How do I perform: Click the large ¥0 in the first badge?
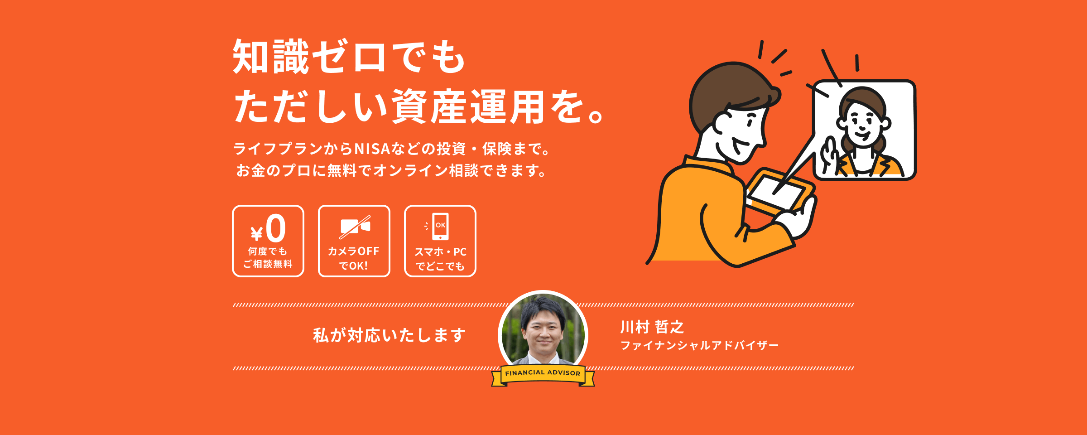point(268,228)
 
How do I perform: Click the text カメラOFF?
point(354,251)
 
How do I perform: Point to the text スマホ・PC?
point(440,252)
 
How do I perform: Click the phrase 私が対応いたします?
point(390,335)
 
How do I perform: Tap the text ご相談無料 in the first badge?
point(268,264)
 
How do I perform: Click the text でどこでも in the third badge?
point(440,266)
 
